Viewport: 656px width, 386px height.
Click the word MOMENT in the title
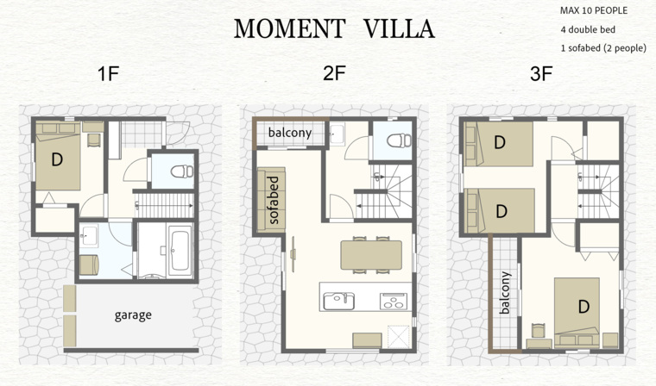[x=289, y=28]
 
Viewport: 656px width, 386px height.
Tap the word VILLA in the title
[x=399, y=28]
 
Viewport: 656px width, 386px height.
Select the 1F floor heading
[x=109, y=74]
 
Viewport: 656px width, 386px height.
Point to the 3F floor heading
[x=541, y=74]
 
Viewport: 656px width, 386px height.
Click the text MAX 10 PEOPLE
[x=594, y=11]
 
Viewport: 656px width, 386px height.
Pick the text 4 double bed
[x=588, y=29]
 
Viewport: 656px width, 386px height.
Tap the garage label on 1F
[x=133, y=315]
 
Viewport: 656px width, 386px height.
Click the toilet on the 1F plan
[x=182, y=171]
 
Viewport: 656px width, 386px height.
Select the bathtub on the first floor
[x=180, y=251]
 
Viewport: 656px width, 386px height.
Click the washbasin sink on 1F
[x=88, y=235]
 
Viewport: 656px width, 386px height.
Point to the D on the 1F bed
[x=57, y=159]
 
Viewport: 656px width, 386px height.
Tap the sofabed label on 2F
[x=274, y=201]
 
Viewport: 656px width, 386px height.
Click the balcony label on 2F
[x=290, y=133]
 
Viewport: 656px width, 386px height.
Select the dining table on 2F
[x=371, y=255]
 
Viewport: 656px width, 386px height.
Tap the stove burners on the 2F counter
[x=394, y=302]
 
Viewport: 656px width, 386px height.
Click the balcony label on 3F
[x=506, y=292]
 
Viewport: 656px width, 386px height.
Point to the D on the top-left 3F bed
[x=500, y=142]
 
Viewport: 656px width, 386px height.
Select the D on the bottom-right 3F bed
[x=583, y=307]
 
